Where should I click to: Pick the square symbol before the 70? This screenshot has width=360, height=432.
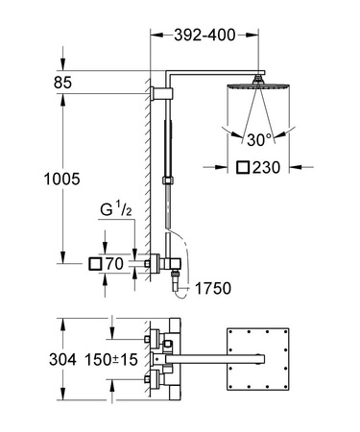pyautogui.click(x=95, y=261)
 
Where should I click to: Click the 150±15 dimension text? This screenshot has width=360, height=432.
pyautogui.click(x=91, y=362)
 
